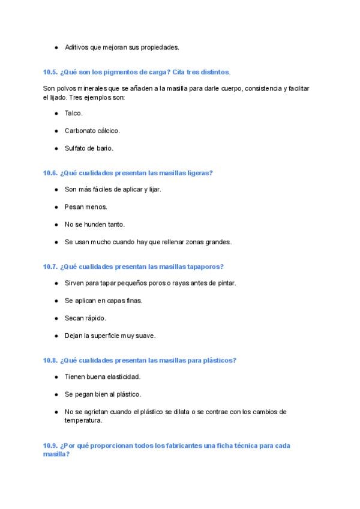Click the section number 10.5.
point(50,72)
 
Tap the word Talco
point(73,113)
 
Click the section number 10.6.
point(50,173)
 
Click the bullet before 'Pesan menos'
point(56,207)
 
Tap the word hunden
point(94,224)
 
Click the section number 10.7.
point(50,267)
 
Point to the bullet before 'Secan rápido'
point(56,318)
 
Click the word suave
point(145,336)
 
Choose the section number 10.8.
point(50,360)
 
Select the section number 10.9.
point(50,445)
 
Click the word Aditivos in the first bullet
point(76,47)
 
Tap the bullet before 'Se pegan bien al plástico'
point(56,394)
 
